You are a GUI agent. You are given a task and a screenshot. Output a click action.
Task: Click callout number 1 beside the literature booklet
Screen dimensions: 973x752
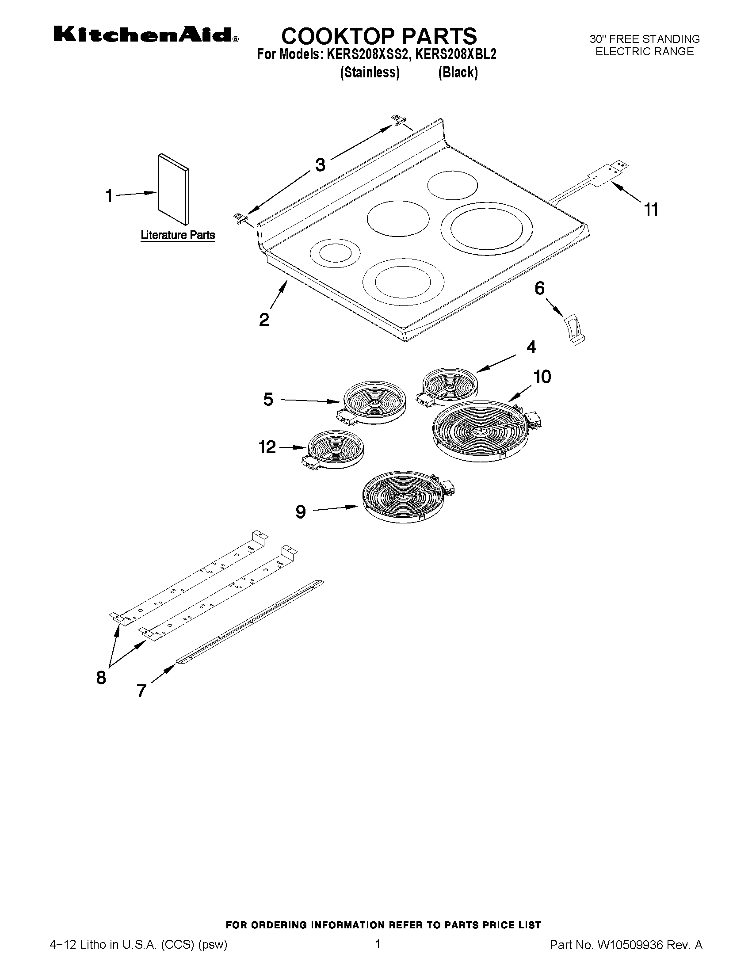(109, 196)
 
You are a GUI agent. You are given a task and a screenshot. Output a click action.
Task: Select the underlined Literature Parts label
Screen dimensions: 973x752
(178, 235)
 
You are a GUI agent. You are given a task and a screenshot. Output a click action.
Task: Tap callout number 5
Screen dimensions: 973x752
(268, 399)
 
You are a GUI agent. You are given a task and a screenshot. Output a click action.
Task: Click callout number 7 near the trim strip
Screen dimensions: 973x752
(141, 691)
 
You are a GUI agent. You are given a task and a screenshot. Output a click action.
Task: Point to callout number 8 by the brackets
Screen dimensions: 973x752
(101, 678)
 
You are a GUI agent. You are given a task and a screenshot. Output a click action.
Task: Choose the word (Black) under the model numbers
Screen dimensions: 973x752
(458, 72)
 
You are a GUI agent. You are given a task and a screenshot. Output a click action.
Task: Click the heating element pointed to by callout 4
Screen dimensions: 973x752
(450, 384)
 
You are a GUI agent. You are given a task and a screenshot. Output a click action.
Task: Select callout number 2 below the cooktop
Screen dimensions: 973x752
(264, 320)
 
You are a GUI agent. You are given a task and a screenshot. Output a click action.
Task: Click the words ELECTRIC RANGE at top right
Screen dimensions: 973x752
(644, 52)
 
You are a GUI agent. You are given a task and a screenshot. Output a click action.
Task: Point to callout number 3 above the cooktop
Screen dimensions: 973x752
(320, 165)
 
